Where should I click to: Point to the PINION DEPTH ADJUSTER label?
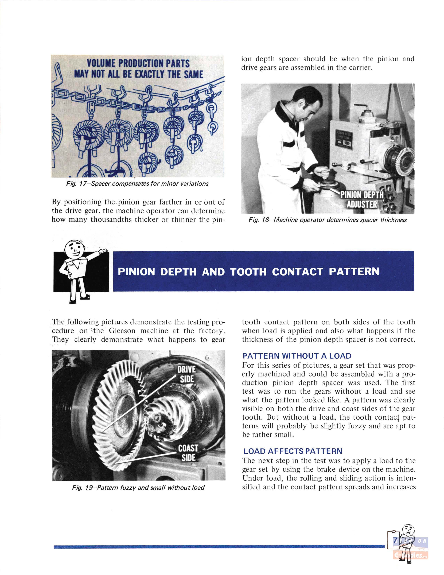362,199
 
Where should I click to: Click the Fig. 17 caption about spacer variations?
137,183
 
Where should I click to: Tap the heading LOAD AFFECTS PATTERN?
293,451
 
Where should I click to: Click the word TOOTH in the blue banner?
248,271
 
